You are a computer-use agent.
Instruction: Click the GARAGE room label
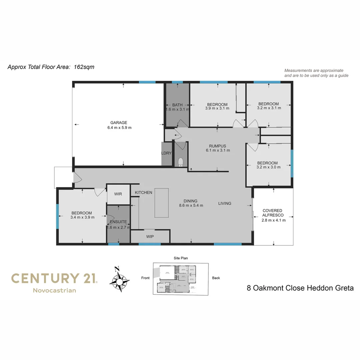tap(119, 122)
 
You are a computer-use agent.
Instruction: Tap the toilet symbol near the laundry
tap(181, 162)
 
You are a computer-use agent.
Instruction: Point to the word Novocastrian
tap(54, 290)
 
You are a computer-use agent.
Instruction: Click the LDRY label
tap(166, 153)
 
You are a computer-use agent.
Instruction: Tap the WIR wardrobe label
tap(118, 194)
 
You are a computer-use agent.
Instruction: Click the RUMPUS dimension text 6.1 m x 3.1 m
tap(218, 150)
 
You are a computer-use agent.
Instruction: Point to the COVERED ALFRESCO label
tap(272, 213)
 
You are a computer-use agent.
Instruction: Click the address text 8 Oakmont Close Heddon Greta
tap(300, 288)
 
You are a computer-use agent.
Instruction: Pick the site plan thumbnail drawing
tap(180, 278)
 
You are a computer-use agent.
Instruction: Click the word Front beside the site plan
tap(145, 278)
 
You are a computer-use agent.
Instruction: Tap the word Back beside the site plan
tap(216, 278)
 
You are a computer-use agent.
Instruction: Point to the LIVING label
tap(225, 203)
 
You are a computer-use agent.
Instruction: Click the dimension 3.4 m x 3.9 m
tap(82, 217)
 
